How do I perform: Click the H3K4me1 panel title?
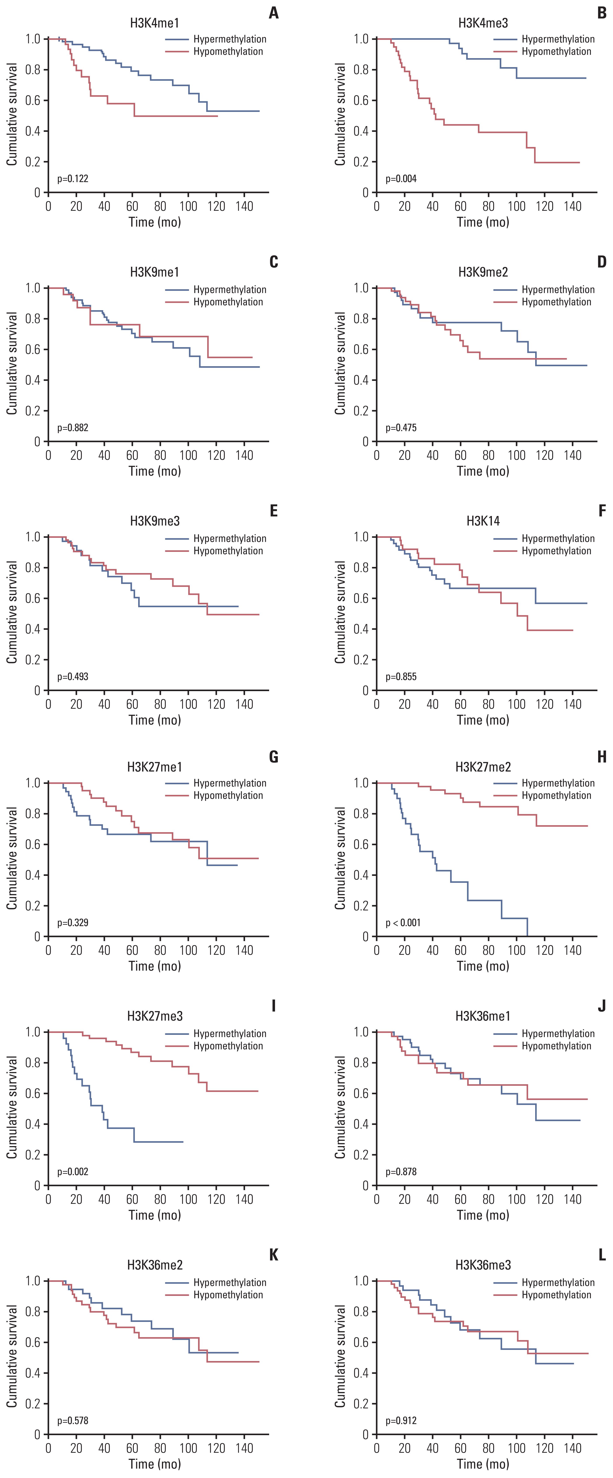click(x=154, y=23)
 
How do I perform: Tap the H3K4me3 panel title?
click(x=483, y=23)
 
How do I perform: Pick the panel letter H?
click(x=602, y=757)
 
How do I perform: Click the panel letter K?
click(x=273, y=1255)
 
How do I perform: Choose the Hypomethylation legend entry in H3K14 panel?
click(x=556, y=551)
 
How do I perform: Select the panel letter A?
click(x=273, y=13)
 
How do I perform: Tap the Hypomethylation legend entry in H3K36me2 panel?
click(x=228, y=1295)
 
